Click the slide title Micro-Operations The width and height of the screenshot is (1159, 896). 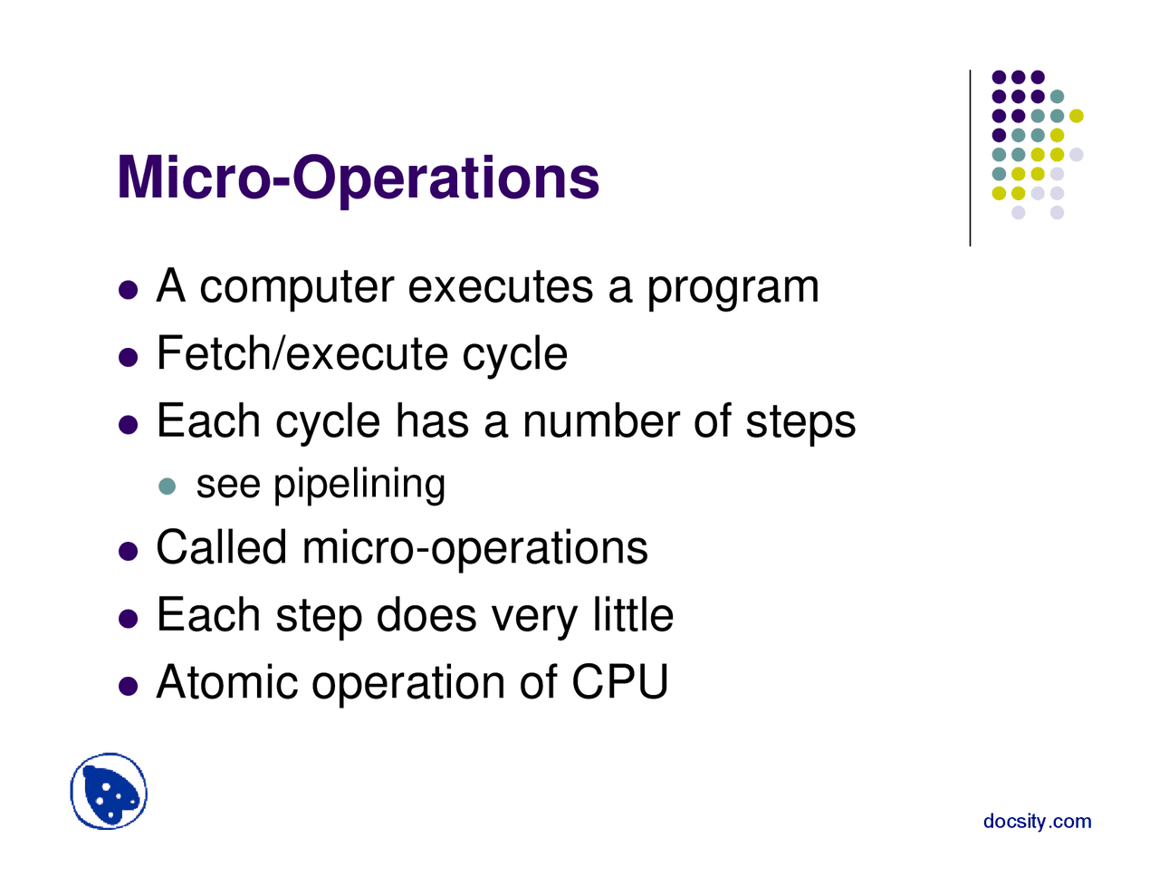358,178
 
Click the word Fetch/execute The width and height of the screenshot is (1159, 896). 302,352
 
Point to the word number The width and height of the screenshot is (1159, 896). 601,420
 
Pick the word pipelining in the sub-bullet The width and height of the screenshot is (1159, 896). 359,485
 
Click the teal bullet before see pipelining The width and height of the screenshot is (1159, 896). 167,486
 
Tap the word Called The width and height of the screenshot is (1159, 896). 221,547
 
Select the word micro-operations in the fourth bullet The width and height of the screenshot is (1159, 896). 474,549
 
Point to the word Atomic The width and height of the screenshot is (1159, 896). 226,681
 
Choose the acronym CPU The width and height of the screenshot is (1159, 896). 619,681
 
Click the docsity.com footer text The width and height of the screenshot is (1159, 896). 1037,821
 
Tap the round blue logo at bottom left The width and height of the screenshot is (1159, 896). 109,791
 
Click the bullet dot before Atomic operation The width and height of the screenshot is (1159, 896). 128,686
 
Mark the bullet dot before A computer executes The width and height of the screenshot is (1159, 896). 128,290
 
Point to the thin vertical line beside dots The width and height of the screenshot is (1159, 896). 970,158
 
